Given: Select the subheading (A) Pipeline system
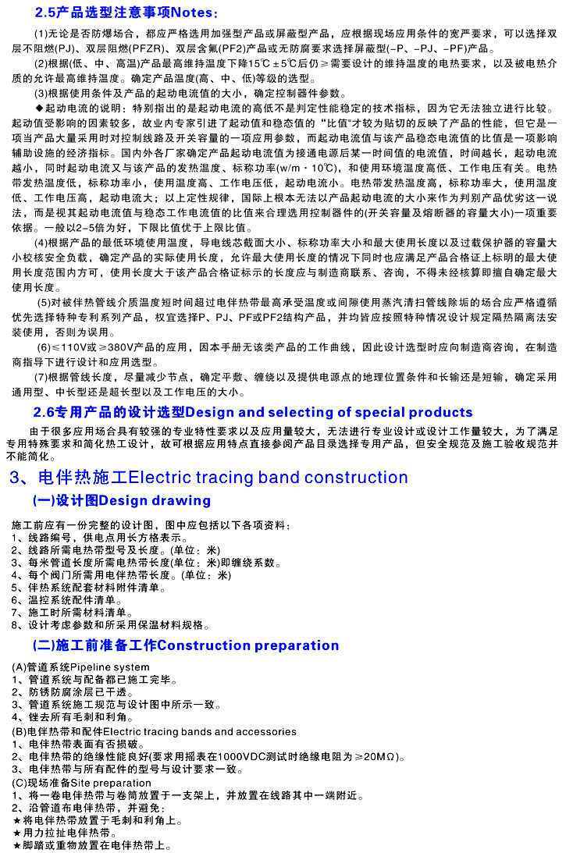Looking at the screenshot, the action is (x=81, y=667).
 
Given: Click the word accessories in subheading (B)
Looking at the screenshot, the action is (x=262, y=731).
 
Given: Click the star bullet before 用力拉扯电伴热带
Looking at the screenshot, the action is (x=18, y=833).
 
